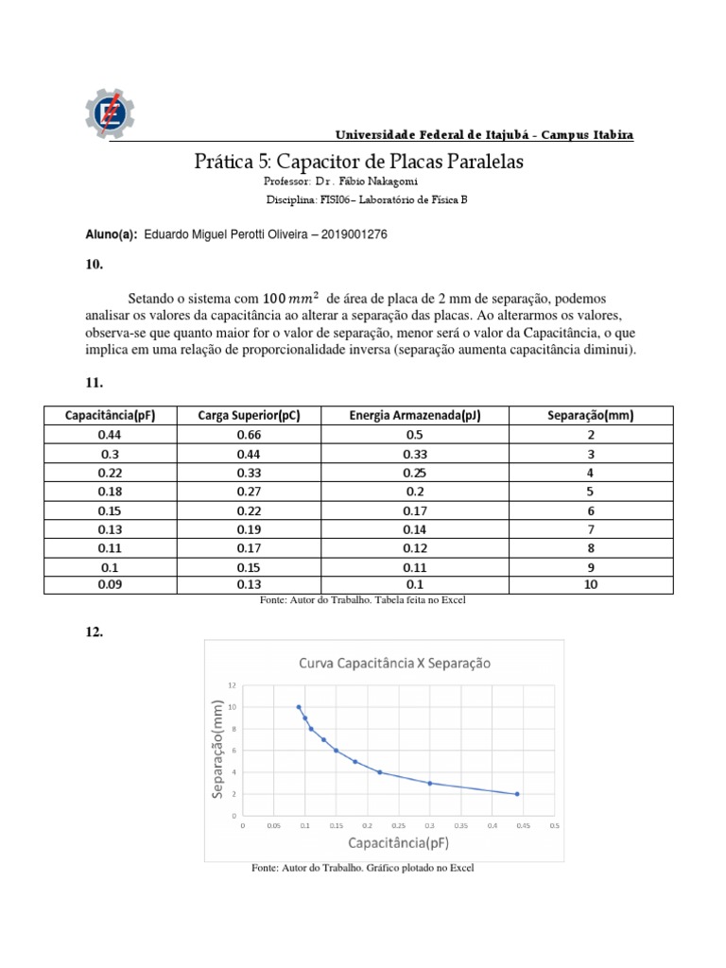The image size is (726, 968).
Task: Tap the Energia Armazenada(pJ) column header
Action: point(415,416)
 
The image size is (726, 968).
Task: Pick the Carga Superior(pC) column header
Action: point(250,416)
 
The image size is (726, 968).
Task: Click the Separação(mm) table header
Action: point(590,416)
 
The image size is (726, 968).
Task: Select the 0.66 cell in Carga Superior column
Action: point(250,434)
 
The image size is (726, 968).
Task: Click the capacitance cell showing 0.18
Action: point(111,491)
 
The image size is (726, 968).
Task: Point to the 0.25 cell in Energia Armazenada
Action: point(415,472)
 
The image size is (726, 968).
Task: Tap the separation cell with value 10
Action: point(590,584)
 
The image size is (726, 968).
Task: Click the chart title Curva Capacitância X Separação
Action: point(395,663)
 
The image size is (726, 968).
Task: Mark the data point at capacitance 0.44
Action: point(517,794)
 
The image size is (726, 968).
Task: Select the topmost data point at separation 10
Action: point(299,707)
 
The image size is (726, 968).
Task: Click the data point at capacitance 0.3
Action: point(430,783)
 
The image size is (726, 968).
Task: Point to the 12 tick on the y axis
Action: point(233,684)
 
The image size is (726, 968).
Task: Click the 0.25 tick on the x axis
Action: point(398,824)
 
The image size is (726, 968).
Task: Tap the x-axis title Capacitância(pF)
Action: point(398,842)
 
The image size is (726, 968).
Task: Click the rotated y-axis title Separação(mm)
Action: point(219,750)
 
